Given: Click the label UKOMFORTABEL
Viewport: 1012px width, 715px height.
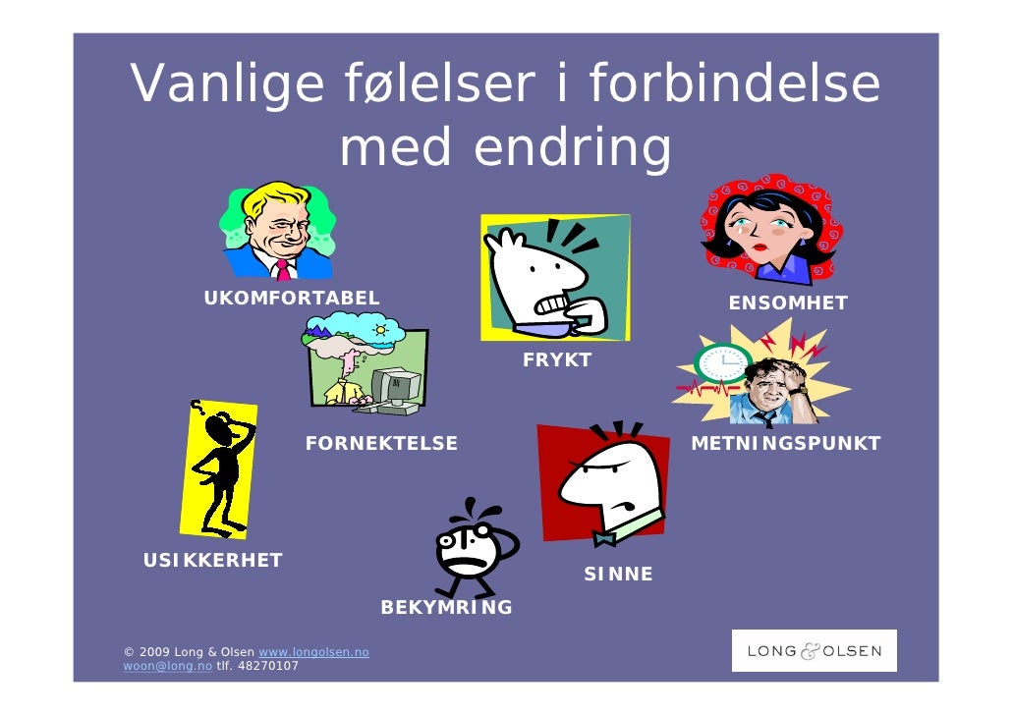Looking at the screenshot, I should point(291,299).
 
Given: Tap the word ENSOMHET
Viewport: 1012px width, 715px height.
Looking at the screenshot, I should point(787,303).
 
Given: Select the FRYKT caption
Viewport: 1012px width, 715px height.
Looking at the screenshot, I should point(557,360).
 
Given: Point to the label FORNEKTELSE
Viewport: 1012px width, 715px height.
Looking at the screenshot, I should point(381,444).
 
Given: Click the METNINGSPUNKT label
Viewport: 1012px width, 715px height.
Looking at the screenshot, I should point(786,444).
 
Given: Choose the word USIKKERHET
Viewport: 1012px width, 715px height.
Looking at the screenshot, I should point(213,561).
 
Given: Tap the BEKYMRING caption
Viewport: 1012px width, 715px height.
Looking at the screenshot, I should point(447,608).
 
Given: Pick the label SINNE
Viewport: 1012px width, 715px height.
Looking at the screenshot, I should point(618,575).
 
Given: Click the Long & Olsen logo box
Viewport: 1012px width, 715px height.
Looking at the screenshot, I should point(815,651).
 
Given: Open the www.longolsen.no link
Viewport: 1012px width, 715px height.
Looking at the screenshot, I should point(312,652).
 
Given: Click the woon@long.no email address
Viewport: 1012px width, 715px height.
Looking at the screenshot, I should point(168,666).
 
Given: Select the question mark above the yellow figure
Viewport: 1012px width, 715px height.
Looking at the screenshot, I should point(197,407).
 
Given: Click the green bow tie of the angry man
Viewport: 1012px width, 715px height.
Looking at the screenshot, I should point(605,537).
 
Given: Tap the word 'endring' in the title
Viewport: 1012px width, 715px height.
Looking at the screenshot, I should point(573,148).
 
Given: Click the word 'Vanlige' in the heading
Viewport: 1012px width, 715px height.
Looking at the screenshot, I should point(228,84).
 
